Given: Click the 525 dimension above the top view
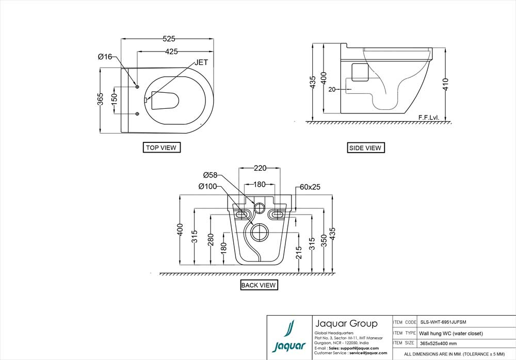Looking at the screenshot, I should click(x=169, y=39).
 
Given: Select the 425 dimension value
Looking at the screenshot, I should click(x=172, y=52).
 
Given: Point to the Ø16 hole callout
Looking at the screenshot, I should click(x=105, y=57).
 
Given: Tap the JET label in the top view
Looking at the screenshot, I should click(x=202, y=62).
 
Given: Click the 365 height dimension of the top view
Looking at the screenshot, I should click(x=101, y=100).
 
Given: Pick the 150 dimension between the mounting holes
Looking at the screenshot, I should click(x=115, y=100).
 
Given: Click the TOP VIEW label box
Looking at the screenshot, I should click(x=161, y=148).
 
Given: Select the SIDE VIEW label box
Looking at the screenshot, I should click(x=365, y=148).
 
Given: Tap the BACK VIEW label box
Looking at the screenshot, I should click(x=259, y=285).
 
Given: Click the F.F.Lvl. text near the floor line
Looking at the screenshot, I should click(x=429, y=118).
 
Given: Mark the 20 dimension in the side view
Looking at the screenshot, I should click(x=332, y=89).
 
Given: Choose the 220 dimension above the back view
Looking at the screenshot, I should click(x=260, y=168).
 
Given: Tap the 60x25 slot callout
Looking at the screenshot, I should click(x=310, y=187).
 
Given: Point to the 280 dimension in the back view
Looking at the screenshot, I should click(x=211, y=239).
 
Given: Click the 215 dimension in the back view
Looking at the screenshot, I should click(x=299, y=252).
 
